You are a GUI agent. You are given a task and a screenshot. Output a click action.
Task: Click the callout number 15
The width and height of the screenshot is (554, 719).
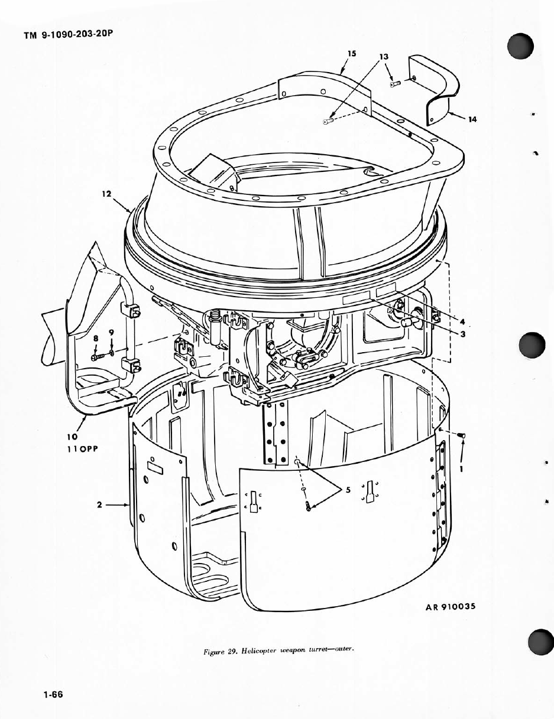(x=352, y=54)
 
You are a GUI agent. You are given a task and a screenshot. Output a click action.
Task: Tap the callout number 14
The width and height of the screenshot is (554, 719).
(x=472, y=119)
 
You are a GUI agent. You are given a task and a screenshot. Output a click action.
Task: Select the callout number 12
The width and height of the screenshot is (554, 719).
(x=107, y=194)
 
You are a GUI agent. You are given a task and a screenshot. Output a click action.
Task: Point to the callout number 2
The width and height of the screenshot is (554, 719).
(x=99, y=505)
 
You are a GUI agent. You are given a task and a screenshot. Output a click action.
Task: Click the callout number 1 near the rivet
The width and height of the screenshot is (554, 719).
(x=461, y=469)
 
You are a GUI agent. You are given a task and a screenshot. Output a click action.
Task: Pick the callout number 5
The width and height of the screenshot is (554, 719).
(x=348, y=490)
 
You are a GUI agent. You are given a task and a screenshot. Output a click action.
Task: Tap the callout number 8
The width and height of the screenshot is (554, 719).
(x=96, y=338)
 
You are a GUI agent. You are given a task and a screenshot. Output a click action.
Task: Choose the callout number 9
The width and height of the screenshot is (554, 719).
(x=111, y=332)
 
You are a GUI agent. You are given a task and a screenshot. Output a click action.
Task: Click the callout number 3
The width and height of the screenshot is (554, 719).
(x=462, y=334)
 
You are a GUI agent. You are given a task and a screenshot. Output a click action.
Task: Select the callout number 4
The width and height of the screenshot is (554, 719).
(x=462, y=321)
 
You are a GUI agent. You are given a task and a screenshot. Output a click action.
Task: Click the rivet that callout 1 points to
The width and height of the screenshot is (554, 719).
(x=461, y=436)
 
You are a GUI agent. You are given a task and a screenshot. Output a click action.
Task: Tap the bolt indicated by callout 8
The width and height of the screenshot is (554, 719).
(x=98, y=357)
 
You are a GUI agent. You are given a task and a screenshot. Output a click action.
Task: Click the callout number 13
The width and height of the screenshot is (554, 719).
(x=384, y=57)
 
